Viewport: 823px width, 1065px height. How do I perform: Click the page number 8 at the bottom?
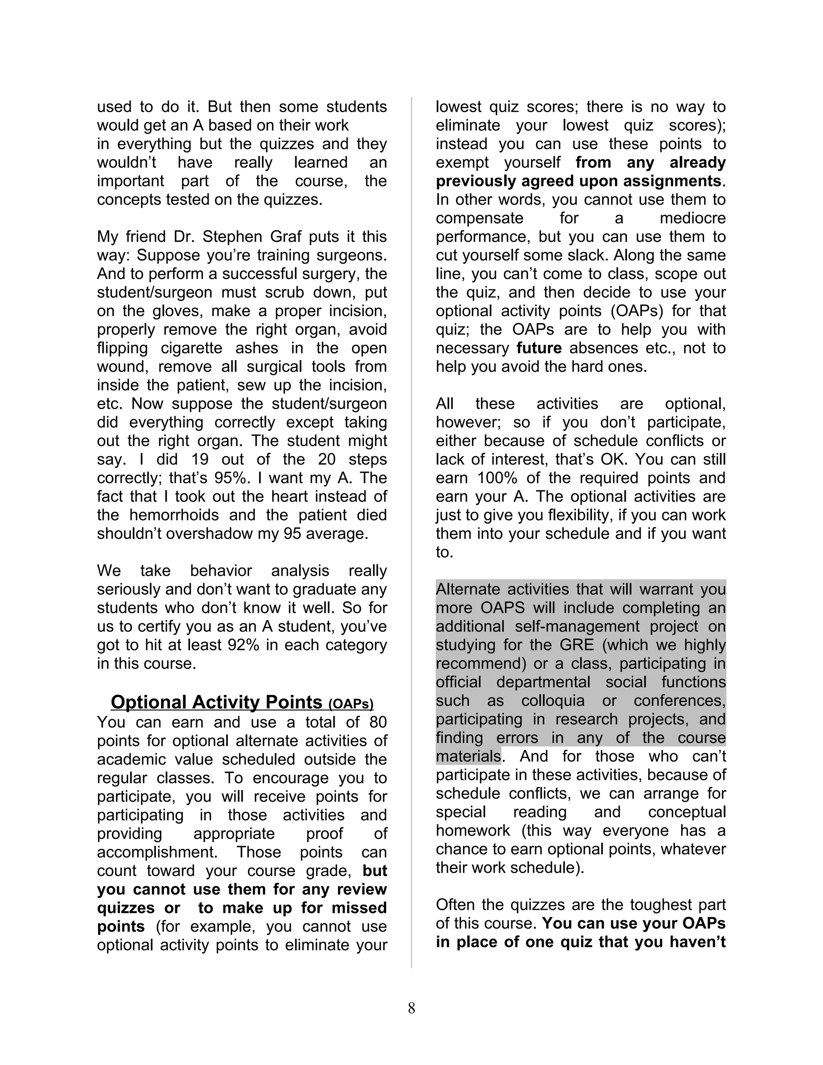coord(411,1008)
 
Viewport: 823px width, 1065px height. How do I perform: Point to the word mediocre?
coord(692,218)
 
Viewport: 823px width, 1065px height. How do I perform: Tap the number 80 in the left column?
coord(378,722)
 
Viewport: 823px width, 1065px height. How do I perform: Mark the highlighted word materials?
coord(468,756)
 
